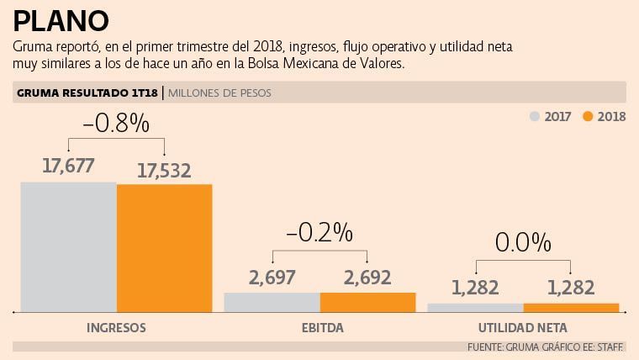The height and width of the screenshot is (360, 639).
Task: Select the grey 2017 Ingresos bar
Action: (x=68, y=246)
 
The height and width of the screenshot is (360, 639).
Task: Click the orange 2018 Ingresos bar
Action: (x=165, y=247)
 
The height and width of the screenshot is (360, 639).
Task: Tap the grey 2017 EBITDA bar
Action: (x=272, y=302)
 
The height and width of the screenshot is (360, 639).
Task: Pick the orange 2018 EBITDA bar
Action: (x=368, y=302)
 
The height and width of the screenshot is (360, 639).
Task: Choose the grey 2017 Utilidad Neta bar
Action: (x=475, y=308)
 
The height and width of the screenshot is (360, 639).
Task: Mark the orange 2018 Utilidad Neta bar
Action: (x=571, y=308)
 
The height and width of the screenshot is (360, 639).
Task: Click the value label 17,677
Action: (x=69, y=166)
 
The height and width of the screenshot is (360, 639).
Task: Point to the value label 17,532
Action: (x=164, y=171)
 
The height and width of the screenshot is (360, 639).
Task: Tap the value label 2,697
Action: (x=272, y=277)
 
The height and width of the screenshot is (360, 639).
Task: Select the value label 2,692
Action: (x=367, y=277)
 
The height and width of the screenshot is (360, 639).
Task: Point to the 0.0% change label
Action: (x=523, y=243)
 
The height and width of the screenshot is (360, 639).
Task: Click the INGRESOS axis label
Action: (x=117, y=326)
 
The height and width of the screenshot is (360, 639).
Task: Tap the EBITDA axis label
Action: (x=319, y=326)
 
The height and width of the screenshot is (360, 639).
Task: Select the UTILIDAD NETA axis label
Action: (x=523, y=326)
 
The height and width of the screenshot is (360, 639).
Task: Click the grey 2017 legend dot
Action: (x=534, y=116)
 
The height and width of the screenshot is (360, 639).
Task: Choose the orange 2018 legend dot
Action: (x=588, y=116)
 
